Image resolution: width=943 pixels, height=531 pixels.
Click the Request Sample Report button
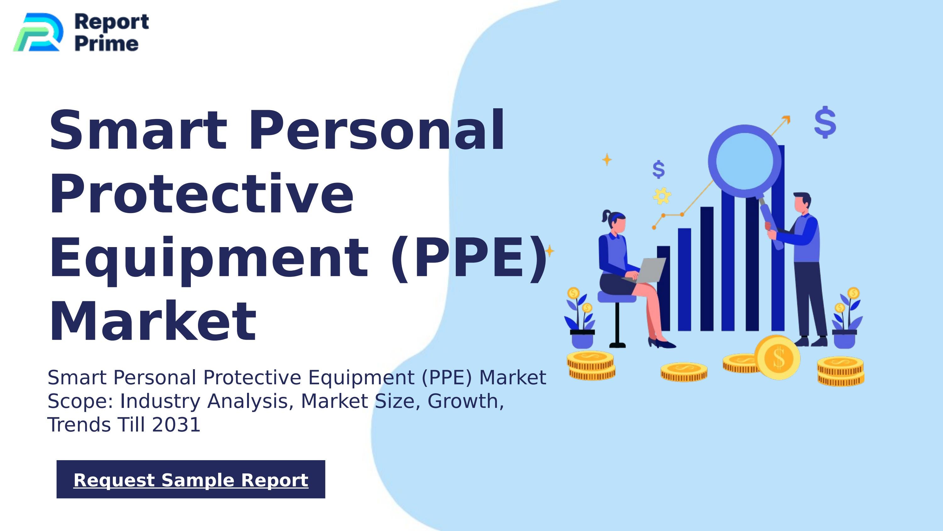[191, 479]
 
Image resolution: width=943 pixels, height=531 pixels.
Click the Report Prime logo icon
[38, 32]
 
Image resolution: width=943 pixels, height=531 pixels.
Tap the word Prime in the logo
[107, 44]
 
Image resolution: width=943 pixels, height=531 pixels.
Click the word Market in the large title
[153, 321]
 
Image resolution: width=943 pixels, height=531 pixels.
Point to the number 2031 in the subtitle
[176, 425]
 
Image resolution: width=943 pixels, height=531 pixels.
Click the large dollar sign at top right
[825, 122]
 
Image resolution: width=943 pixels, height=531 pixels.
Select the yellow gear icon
[662, 196]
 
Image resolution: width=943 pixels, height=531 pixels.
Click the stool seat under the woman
[617, 297]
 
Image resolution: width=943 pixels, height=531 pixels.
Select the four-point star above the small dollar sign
[607, 160]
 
